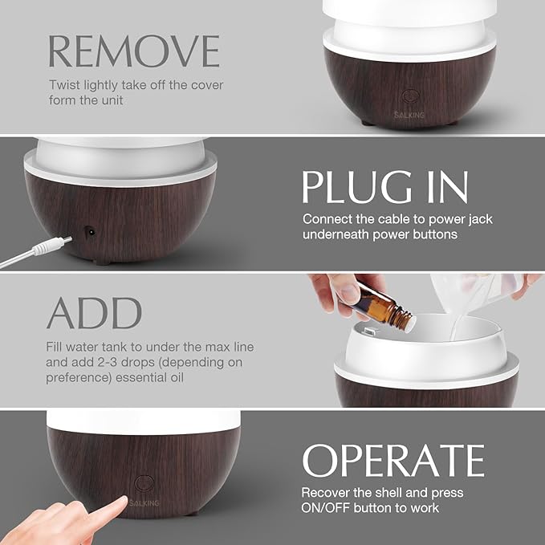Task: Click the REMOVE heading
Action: [x=133, y=50]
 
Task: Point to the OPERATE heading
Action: [x=392, y=460]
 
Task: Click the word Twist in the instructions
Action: [x=65, y=85]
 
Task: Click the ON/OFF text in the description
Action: [x=327, y=508]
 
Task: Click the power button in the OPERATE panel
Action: [x=145, y=483]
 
